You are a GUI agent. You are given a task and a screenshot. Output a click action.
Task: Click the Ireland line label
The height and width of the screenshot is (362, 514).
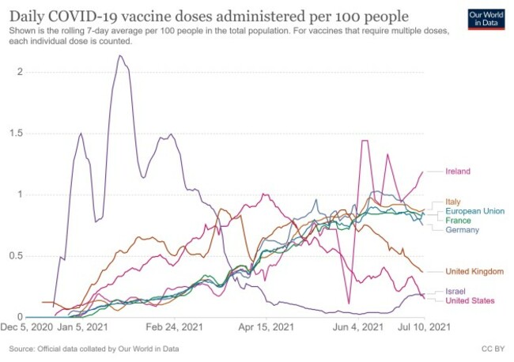[x=459, y=171]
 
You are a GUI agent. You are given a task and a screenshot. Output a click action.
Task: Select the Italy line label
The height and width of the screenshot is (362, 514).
[x=454, y=202]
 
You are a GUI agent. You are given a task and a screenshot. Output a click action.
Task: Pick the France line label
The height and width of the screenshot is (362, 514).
[x=458, y=221]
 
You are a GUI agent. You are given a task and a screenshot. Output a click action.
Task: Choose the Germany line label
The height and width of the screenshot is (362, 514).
[x=462, y=230]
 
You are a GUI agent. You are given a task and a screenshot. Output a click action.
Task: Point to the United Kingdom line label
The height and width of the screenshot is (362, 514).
[x=475, y=272]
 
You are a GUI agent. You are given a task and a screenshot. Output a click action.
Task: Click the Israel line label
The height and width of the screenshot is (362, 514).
[x=456, y=292]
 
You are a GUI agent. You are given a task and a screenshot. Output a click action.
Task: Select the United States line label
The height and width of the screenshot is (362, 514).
[x=470, y=301]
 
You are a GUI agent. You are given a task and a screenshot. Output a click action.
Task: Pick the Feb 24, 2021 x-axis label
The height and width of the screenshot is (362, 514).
[x=171, y=326]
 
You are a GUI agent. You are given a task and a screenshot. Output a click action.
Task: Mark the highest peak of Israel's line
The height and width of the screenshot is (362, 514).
[x=119, y=56]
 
